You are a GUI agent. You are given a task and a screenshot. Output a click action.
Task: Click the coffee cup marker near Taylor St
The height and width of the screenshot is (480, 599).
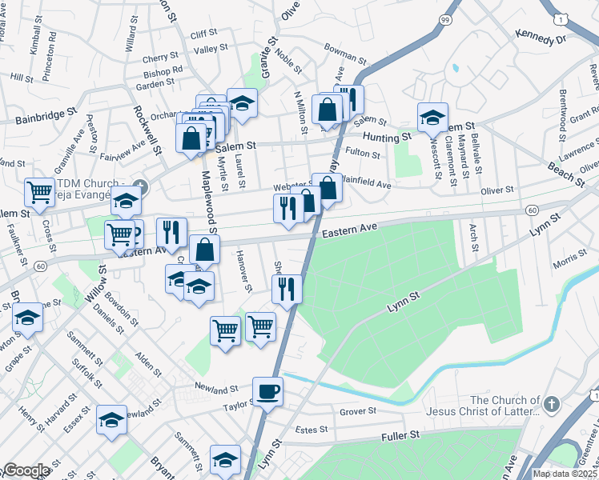point(267,391)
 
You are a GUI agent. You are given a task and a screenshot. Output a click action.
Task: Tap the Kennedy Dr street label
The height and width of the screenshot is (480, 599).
point(541,38)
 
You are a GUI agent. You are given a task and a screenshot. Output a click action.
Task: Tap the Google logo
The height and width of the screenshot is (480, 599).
point(26,470)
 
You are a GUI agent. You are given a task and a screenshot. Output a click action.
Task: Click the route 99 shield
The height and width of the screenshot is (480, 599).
point(444,18)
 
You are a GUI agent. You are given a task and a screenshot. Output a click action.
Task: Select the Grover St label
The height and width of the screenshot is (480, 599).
point(357,411)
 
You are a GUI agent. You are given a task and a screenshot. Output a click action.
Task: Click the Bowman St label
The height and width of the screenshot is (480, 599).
point(344,59)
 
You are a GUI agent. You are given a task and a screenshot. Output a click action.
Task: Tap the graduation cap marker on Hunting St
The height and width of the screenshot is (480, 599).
point(432,117)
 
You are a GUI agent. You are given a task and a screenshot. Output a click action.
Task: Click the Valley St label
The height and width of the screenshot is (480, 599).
point(211,50)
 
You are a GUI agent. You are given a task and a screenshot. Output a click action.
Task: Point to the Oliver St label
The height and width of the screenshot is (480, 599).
point(496,190)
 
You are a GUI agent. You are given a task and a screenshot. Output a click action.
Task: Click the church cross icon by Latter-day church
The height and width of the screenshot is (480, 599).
point(552,406)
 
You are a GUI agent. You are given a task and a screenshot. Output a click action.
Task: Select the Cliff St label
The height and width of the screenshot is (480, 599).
point(204,34)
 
